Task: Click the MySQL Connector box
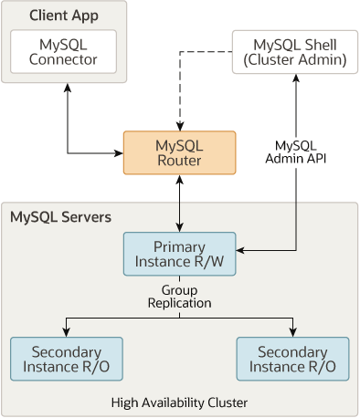pos(63,52)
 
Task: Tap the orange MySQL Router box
pos(179,153)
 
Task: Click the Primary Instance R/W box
pos(179,254)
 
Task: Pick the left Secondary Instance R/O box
pos(65,359)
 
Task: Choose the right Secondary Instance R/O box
pos(292,359)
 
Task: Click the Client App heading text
pos(62,16)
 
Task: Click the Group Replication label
pos(179,295)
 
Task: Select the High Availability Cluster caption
pos(179,402)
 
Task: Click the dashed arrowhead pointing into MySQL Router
pos(179,126)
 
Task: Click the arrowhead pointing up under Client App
pos(68,89)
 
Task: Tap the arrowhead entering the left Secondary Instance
pos(65,332)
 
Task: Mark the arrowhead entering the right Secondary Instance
pos(292,332)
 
